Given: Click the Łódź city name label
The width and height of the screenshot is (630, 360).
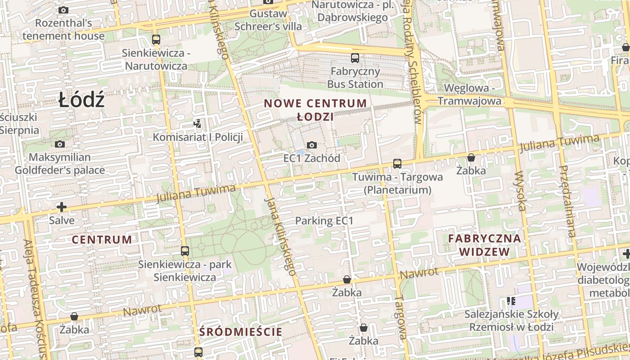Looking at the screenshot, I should point(81,100).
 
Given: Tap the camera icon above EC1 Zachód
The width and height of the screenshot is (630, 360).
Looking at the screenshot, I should point(311,145).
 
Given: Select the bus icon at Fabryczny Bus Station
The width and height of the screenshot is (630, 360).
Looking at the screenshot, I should point(355,58).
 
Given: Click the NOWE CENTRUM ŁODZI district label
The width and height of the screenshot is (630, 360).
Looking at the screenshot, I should point(315,110).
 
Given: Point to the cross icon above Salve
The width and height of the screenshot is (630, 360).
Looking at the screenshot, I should point(62,207).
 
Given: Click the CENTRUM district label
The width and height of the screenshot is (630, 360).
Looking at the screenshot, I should point(102,239).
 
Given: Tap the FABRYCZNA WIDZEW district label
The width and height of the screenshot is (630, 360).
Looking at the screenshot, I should point(485,245).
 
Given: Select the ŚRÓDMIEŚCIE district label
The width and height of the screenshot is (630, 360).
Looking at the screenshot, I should point(241,332).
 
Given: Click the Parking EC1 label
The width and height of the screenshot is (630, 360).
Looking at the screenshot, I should point(324,221).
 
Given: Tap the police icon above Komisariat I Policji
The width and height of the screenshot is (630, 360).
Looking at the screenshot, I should point(197,123).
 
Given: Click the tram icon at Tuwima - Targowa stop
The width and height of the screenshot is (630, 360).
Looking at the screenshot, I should point(397,164).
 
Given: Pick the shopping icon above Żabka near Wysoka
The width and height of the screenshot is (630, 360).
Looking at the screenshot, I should point(471,157).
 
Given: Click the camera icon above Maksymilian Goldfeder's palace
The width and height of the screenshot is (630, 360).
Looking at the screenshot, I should point(59,144).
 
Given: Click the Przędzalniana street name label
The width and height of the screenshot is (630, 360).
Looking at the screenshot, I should point(567,201).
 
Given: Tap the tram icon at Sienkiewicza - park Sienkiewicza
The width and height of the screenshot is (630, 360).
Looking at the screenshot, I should point(184,251).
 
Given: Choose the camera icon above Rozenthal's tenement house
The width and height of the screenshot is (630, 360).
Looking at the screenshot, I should point(63,10).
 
